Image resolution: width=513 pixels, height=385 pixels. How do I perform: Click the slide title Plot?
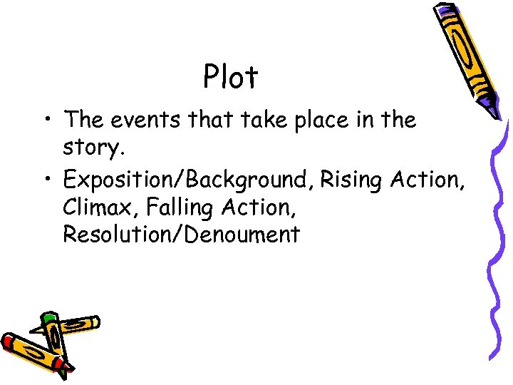(230, 77)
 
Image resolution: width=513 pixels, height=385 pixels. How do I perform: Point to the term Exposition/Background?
(187, 180)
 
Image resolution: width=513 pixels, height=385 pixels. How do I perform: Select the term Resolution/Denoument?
(181, 235)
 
